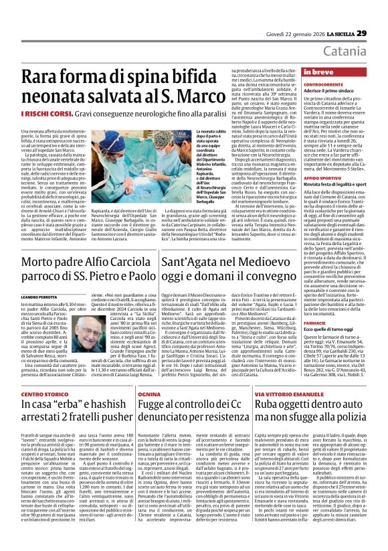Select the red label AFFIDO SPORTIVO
322,177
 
